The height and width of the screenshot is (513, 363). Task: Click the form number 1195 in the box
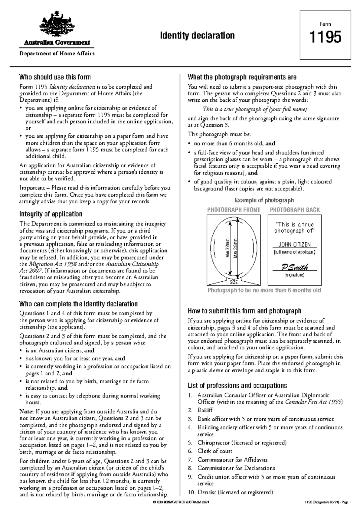point(325,37)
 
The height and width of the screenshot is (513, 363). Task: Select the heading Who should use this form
point(55,77)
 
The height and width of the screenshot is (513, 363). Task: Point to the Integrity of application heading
point(51,214)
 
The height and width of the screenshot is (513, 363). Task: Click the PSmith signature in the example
point(295,267)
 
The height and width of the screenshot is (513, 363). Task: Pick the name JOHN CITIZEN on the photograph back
point(294,245)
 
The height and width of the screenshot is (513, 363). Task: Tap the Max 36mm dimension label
point(235,248)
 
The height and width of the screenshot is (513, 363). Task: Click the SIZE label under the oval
point(234,282)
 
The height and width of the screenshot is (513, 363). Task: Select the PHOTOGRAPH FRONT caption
point(234,210)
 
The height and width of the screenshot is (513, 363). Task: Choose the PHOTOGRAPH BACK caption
point(295,210)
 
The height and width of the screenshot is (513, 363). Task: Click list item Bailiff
point(205,410)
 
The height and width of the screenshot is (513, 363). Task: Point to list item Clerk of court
point(215,451)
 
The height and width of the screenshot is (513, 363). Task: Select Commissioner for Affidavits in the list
point(232,460)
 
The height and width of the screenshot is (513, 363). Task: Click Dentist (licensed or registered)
point(235,492)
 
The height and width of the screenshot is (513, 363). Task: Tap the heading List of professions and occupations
point(237,386)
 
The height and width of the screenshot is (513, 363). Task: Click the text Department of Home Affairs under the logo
point(57,54)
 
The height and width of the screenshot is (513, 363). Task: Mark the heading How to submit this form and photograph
point(244,311)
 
